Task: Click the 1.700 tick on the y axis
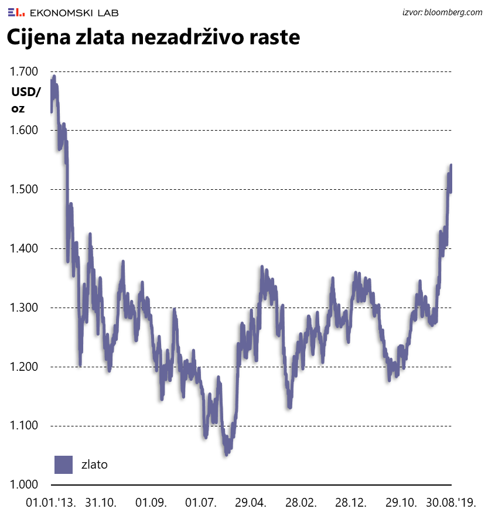(24, 72)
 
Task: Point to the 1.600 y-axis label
(24, 131)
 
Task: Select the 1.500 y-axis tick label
(24, 190)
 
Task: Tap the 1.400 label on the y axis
(24, 249)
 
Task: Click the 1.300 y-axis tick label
(24, 308)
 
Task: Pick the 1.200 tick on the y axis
(24, 367)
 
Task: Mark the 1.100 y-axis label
(24, 426)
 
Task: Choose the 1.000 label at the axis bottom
(24, 485)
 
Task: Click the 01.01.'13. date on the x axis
(51, 503)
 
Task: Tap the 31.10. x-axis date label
(101, 503)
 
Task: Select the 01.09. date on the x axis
(151, 503)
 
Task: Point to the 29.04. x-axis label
(251, 503)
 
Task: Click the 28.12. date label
(351, 503)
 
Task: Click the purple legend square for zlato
(63, 465)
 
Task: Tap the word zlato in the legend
(94, 465)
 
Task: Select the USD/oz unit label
(26, 100)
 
